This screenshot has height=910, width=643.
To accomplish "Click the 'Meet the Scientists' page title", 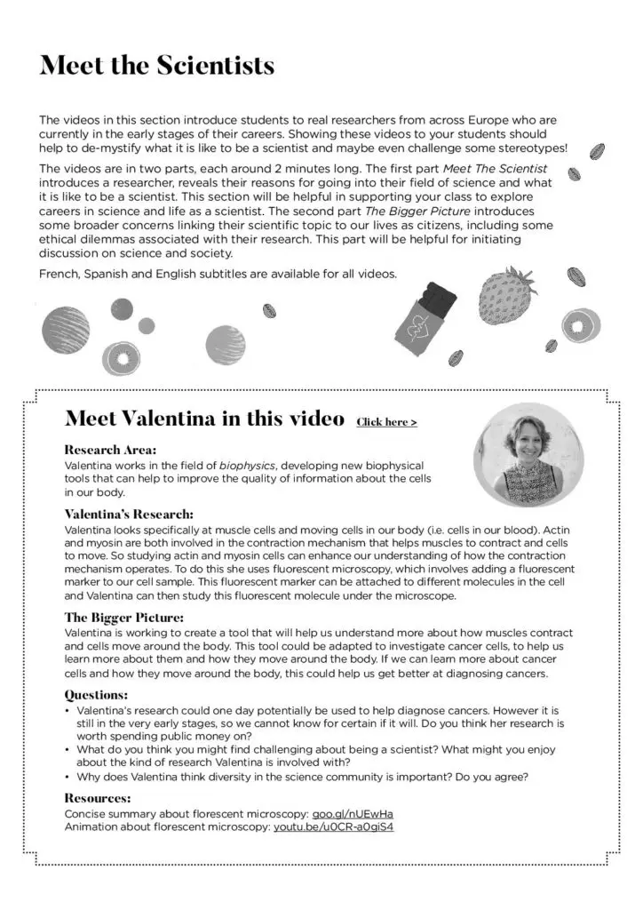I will (156, 66).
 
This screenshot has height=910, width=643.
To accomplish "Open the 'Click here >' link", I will (386, 422).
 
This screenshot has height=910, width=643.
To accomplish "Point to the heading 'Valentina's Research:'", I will (129, 514).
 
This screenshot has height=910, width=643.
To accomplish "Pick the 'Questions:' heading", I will (96, 695).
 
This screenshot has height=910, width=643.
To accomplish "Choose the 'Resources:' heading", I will (98, 798).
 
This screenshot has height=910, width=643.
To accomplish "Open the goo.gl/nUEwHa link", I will (353, 813).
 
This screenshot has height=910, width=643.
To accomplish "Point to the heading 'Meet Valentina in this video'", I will (205, 419).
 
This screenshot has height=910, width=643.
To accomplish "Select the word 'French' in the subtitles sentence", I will (59, 274).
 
